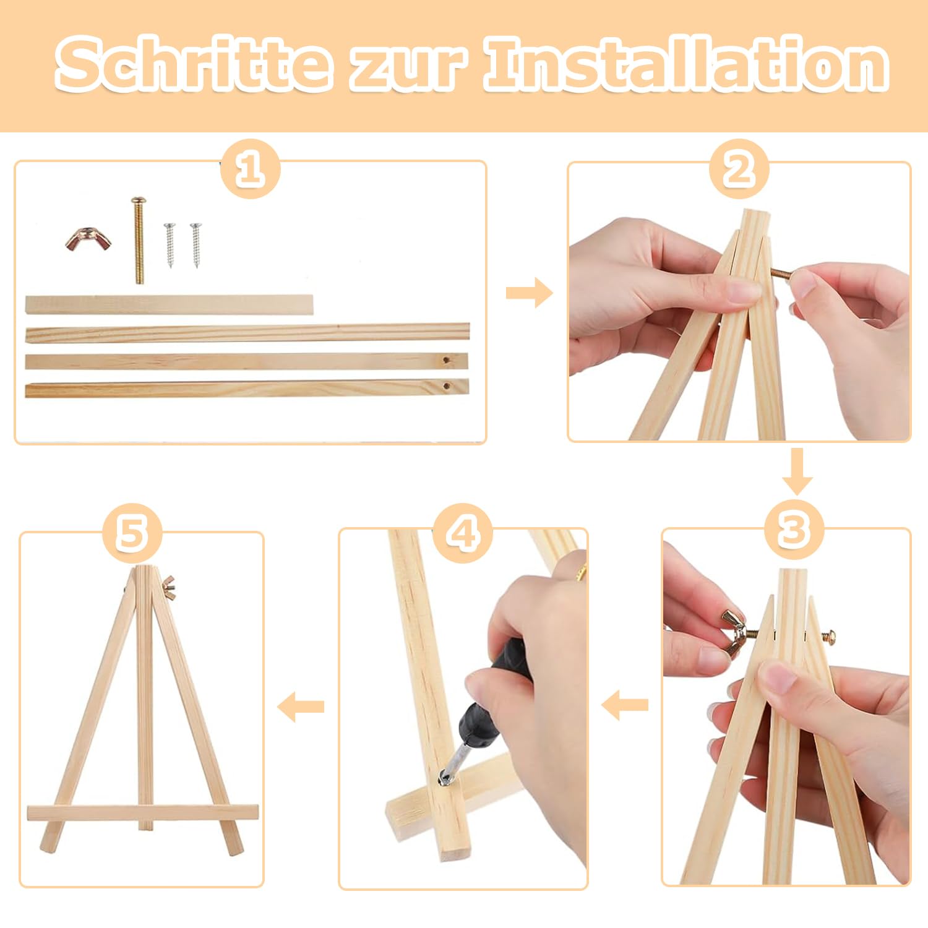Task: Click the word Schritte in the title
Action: click(x=192, y=64)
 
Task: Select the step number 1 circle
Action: click(x=250, y=169)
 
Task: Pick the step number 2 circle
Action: click(x=739, y=169)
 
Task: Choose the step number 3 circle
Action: click(x=794, y=530)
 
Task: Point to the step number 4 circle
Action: click(x=463, y=533)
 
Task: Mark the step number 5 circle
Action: click(x=132, y=533)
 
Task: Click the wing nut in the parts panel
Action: click(x=88, y=239)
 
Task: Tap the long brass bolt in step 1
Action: click(x=139, y=240)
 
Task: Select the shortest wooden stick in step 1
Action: click(x=169, y=305)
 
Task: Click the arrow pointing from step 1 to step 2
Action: click(x=529, y=293)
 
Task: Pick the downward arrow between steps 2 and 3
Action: click(x=797, y=472)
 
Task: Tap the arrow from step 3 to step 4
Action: click(x=625, y=705)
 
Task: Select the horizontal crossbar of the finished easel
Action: click(x=143, y=813)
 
